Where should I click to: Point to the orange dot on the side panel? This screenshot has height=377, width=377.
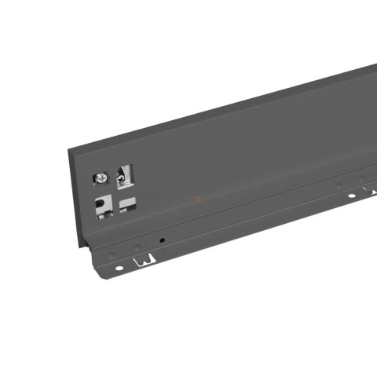point(198,199)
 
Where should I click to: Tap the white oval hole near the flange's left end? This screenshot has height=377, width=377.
point(119,268)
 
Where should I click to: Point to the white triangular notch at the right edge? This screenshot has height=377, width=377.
point(373,190)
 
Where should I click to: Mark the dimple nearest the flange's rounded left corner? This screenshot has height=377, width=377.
point(112,255)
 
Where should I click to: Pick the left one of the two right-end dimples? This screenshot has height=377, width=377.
point(339,187)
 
